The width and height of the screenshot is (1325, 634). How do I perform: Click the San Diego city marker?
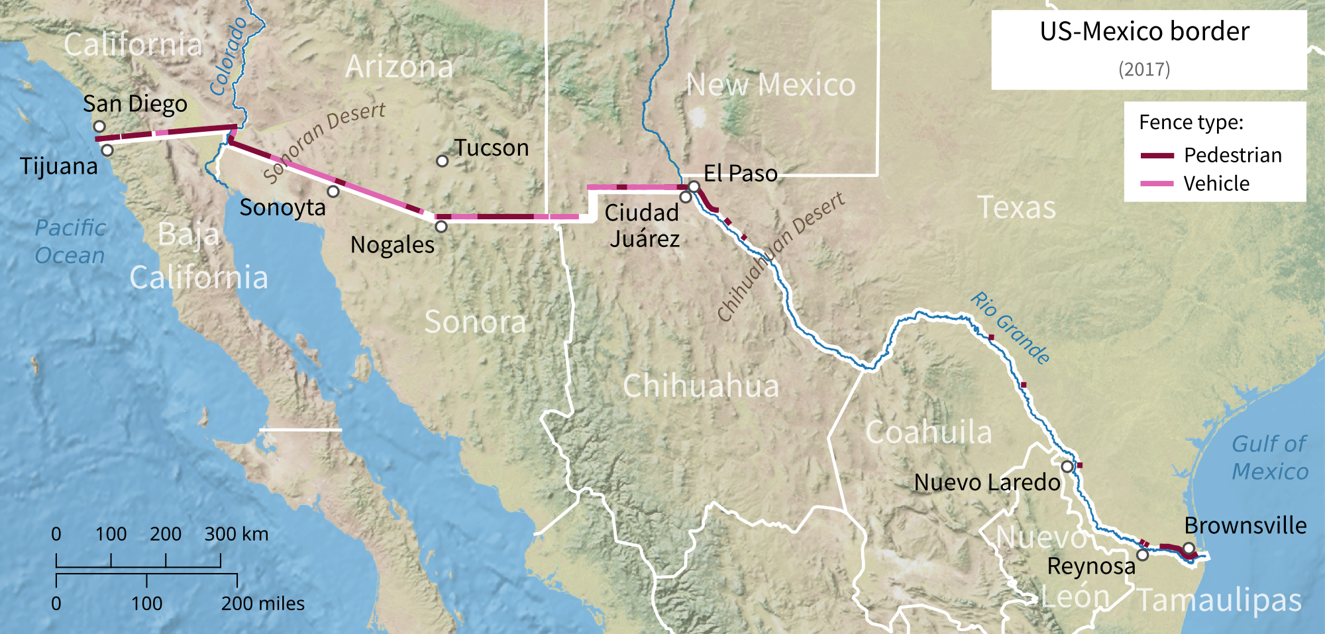99,126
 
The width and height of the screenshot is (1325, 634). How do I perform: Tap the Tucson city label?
492,148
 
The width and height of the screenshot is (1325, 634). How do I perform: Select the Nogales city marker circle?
441,227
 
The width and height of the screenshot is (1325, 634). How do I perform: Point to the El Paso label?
741,173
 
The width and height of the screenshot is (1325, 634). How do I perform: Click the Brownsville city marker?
1189,548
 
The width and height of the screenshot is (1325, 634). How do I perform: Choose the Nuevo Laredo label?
987,482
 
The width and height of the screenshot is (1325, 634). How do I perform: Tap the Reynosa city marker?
1143,555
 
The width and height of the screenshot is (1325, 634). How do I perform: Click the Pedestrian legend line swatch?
1157,156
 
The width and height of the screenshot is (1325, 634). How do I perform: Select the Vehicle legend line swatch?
1157,184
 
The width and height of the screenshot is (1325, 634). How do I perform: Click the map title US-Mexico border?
1144,31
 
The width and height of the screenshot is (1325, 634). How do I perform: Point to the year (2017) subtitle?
1144,69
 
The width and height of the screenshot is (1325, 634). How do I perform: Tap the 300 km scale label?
237,534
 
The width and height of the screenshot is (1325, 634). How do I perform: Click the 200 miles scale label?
263,604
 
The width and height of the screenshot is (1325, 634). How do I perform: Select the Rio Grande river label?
1010,328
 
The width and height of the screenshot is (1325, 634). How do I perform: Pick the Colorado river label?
229,56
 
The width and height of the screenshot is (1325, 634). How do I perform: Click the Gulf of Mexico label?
1269,457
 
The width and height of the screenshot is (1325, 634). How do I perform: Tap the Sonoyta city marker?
333,191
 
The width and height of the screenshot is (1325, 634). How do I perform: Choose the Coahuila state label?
929,432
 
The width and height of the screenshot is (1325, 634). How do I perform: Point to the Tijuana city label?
58,166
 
